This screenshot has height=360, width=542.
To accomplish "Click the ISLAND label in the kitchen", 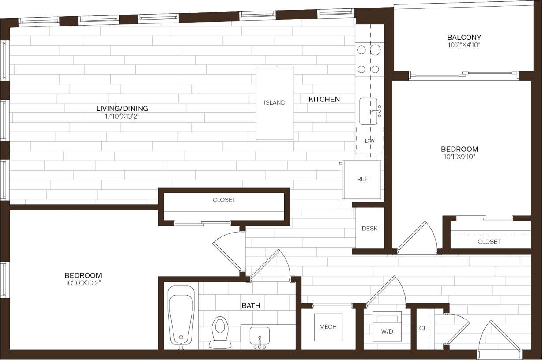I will click(x=275, y=102).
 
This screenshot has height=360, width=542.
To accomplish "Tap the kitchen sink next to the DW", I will click(x=369, y=111).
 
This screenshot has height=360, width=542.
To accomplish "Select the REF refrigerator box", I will click(x=362, y=179).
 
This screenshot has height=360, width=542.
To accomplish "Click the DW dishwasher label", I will click(x=370, y=141).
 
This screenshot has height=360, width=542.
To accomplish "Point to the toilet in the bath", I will click(x=220, y=330).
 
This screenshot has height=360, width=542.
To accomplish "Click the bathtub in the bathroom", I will click(x=181, y=315).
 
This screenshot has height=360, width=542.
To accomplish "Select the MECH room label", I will click(x=328, y=327).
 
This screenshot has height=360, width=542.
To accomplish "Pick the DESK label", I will click(x=369, y=229).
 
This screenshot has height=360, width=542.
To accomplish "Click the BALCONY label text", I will click(x=464, y=37).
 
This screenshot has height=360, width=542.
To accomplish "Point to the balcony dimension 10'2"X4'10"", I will click(x=464, y=45).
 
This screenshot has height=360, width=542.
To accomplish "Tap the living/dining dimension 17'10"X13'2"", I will click(x=122, y=116).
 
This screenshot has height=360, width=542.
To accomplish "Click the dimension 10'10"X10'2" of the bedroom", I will click(x=83, y=283).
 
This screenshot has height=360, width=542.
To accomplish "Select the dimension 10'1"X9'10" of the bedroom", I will click(x=459, y=157).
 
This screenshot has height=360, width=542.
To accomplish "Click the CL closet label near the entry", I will click(x=423, y=328).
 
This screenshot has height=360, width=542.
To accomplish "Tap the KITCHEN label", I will click(x=324, y=99).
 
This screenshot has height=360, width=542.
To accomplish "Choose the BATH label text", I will click(x=251, y=305).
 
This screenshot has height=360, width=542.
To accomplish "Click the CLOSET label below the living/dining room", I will click(x=224, y=200).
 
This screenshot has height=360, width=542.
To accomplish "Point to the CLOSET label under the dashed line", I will click(x=489, y=242).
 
